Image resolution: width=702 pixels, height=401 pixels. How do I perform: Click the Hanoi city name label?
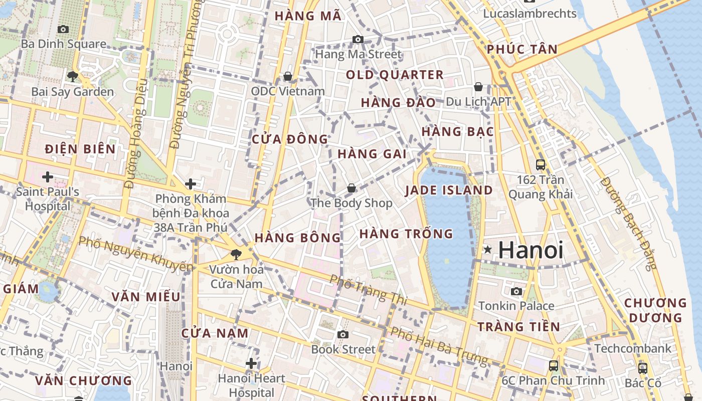click(x=531, y=250)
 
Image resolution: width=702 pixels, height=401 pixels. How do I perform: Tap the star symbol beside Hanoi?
click(x=487, y=250)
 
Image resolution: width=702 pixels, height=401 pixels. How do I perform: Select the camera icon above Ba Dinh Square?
click(x=63, y=30)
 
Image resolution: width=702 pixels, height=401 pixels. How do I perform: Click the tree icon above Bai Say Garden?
click(x=73, y=77)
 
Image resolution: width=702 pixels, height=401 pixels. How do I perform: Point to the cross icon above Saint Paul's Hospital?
click(x=48, y=177)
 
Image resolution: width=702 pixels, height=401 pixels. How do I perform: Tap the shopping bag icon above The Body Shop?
click(x=352, y=188)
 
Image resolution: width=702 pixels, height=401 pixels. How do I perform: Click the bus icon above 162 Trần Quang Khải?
click(x=541, y=164)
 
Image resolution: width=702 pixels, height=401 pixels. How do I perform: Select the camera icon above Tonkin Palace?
click(x=516, y=291)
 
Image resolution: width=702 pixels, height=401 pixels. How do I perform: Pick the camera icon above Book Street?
click(x=343, y=334)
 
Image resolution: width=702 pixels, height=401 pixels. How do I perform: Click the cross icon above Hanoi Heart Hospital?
click(x=251, y=363)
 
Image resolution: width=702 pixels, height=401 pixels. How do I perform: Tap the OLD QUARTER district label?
click(x=395, y=75)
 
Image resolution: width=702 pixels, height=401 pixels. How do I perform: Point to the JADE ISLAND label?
click(x=449, y=190)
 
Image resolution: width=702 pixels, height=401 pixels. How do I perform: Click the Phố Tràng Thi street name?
click(x=369, y=290)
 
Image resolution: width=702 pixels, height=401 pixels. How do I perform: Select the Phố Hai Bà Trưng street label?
click(x=438, y=346)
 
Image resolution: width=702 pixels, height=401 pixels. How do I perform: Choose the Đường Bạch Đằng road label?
click(x=628, y=223)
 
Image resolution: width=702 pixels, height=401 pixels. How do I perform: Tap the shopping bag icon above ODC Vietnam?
click(x=288, y=76)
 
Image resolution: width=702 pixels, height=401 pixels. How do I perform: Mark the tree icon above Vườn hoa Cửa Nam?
click(x=236, y=254)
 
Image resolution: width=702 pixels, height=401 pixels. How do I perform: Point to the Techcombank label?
click(x=632, y=348)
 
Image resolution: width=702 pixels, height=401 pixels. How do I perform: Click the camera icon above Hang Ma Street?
click(x=358, y=39)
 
